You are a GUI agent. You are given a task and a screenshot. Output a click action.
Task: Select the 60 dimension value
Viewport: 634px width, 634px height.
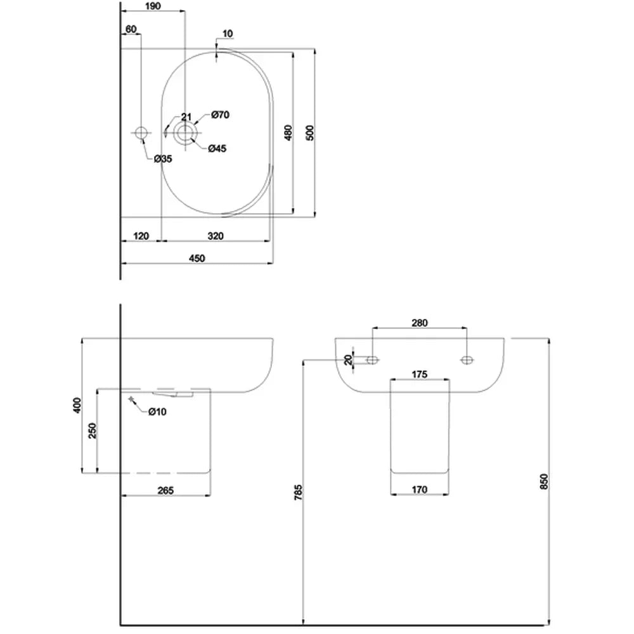[x=131, y=29]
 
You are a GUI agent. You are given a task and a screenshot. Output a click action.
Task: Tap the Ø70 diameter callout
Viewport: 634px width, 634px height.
[x=219, y=115]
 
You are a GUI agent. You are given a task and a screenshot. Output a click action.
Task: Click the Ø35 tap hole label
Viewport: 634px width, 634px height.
[x=163, y=158]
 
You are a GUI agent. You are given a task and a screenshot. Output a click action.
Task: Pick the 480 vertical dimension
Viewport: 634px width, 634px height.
[x=287, y=133]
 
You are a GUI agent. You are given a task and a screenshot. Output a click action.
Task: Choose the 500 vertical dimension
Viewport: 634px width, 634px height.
[x=309, y=133]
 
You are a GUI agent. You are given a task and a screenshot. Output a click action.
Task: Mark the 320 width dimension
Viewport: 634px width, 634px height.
[x=216, y=236]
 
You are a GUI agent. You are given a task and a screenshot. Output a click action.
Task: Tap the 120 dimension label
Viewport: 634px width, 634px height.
[x=141, y=236]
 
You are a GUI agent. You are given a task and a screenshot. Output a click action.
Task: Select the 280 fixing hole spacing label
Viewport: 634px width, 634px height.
[x=420, y=323]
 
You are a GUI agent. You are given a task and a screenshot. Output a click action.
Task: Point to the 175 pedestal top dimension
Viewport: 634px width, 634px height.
[x=420, y=375]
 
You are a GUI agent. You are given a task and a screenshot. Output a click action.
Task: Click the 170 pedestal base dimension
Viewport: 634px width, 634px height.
[x=420, y=489]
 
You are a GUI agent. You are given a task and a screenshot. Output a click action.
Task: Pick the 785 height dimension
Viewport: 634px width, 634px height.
[x=299, y=493]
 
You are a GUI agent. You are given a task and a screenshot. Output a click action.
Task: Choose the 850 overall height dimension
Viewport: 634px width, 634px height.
[x=542, y=482]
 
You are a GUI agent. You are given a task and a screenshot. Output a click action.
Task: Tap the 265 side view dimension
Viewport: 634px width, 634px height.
[x=165, y=489]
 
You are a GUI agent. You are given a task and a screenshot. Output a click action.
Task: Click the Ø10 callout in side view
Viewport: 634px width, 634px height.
[x=157, y=412]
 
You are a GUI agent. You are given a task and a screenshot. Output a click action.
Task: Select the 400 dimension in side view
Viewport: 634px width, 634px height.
[x=77, y=405]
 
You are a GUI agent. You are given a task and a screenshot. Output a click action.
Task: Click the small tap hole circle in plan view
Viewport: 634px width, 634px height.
[x=141, y=133]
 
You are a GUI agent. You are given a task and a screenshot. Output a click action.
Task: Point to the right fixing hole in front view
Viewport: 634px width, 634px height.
[x=467, y=360]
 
